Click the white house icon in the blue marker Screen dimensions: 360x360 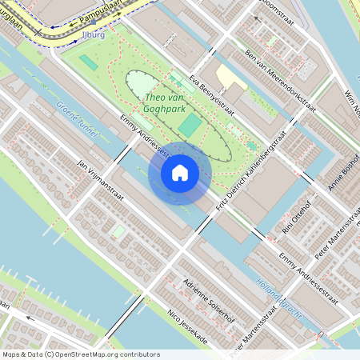point(180,172)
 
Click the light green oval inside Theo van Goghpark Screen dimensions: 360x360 point(141,85)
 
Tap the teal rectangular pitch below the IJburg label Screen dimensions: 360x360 point(88,62)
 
